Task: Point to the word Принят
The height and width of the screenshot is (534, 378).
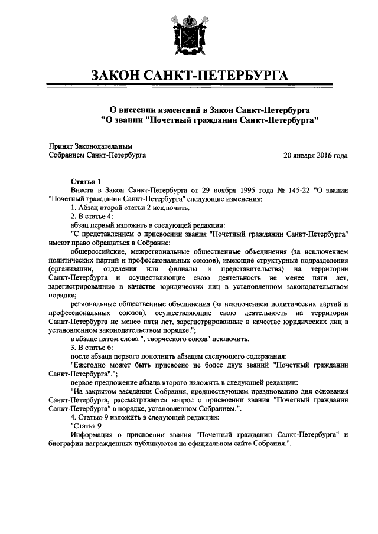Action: tap(60, 146)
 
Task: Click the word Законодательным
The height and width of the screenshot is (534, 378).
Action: tap(104, 146)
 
